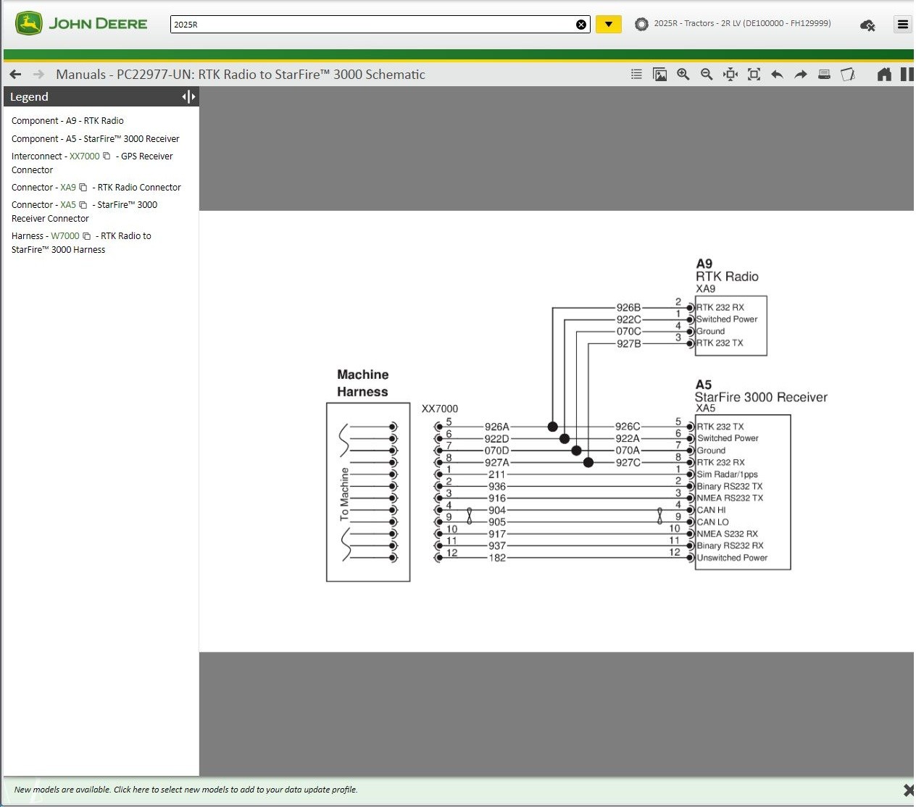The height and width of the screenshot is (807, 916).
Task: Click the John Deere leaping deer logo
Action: [x=28, y=23]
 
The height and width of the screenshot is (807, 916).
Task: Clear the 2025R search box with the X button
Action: [x=581, y=25]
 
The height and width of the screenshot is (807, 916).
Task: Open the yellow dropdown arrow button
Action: [x=609, y=25]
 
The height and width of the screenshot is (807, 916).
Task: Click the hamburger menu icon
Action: [x=902, y=25]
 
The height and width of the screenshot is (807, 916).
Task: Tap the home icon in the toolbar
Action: [x=884, y=74]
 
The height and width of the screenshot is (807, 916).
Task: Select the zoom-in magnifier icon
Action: [x=683, y=74]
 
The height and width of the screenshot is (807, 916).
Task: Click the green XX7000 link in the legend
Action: [x=85, y=156]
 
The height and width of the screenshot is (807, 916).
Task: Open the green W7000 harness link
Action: [x=65, y=235]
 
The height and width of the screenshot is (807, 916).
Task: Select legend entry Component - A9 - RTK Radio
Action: [x=67, y=121]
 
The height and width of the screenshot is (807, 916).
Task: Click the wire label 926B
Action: [x=628, y=307]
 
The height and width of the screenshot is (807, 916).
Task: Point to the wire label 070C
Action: [x=628, y=331]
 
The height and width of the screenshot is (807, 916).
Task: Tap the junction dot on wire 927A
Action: [x=588, y=462]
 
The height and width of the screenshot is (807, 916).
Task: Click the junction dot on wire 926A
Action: [x=552, y=427]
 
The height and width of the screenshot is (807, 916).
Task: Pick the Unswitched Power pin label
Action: [x=732, y=558]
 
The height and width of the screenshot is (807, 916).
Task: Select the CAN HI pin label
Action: [x=711, y=510]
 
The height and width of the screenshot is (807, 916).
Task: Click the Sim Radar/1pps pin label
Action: [x=727, y=474]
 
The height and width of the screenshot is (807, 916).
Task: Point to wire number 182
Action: [x=497, y=558]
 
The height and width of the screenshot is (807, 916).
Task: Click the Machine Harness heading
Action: [x=362, y=383]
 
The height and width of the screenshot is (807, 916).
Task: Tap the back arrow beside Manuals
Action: [x=15, y=74]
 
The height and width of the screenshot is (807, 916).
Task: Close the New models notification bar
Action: [x=908, y=790]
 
